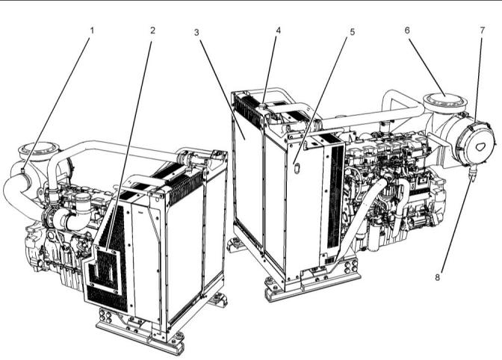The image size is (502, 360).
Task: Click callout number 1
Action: (x=92, y=31)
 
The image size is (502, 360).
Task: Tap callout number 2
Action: (x=152, y=31)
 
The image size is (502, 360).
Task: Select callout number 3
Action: (x=196, y=32)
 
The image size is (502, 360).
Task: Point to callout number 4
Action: (x=278, y=31)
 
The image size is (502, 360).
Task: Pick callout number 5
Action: (x=353, y=32)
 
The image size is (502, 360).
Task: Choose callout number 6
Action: (x=407, y=30)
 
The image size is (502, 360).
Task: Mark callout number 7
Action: (x=483, y=30)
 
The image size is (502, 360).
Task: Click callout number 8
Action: (x=438, y=277)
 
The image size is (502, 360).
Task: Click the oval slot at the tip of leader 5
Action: (x=297, y=168)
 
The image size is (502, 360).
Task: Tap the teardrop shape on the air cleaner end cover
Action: (x=480, y=146)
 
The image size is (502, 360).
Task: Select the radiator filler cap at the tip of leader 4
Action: (x=263, y=105)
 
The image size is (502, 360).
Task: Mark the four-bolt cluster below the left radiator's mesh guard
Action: (x=105, y=316)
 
